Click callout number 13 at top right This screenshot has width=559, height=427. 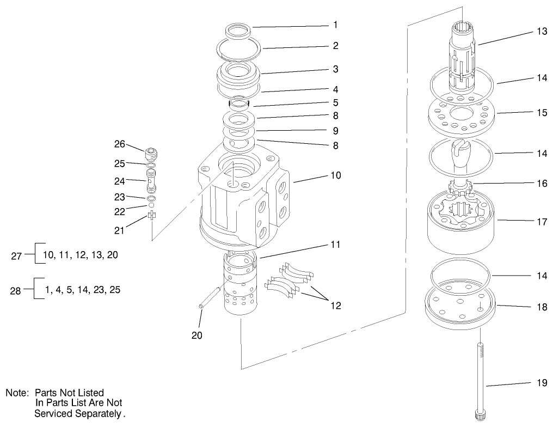click(542, 32)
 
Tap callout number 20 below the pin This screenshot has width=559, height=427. click(196, 335)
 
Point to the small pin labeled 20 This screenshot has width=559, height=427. click(210, 298)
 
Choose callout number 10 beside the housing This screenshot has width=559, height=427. click(335, 175)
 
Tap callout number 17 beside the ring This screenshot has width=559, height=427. click(542, 221)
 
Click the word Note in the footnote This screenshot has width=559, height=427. click(17, 393)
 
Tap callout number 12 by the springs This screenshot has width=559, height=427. click(335, 306)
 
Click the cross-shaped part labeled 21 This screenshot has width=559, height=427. click(152, 217)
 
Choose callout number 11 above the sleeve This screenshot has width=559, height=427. click(335, 245)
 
